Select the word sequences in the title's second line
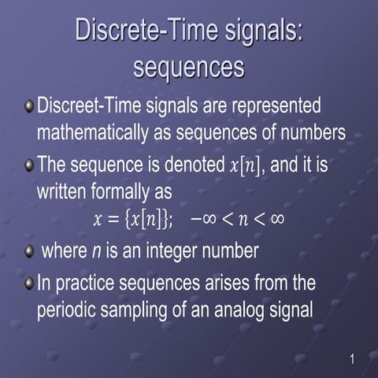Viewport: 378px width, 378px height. [x=188, y=67]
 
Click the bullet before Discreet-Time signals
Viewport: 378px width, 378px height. [x=29, y=106]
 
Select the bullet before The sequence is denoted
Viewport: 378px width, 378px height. [x=29, y=165]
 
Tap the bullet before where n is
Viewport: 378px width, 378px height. [x=29, y=252]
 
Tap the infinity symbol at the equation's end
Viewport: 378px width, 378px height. [x=275, y=220]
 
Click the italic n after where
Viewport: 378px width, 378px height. [x=95, y=253]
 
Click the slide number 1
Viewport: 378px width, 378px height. [x=351, y=360]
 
